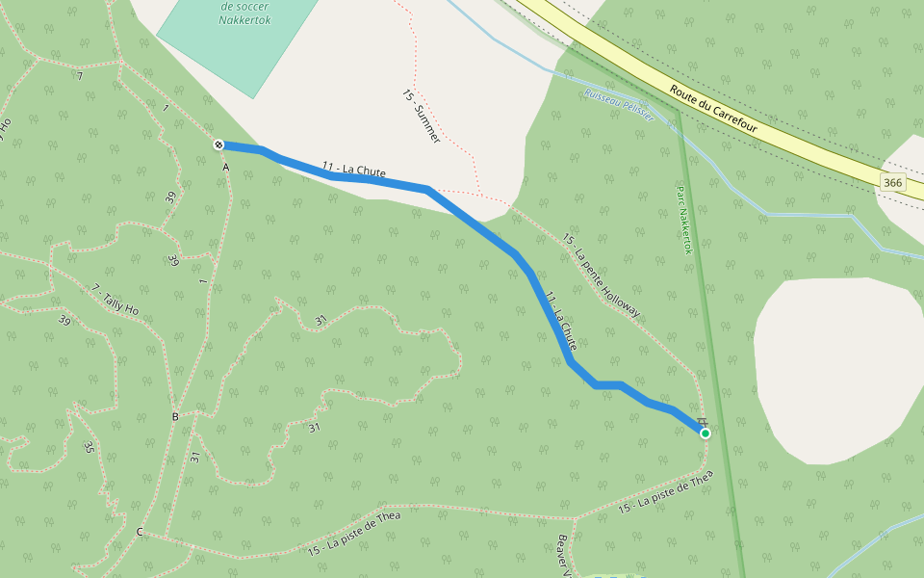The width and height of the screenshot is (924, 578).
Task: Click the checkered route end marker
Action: coord(219,144)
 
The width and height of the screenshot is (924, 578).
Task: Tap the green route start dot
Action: coord(706,433)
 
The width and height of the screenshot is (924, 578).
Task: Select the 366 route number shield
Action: coord(893,182)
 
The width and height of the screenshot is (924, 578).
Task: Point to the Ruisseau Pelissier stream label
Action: coord(619,105)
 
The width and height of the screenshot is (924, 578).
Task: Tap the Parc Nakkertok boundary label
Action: coord(684,220)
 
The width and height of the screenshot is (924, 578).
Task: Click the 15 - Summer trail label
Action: coord(421,118)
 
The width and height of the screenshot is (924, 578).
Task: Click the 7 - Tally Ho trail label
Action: coord(115,301)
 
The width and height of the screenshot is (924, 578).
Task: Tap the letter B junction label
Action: coord(175,417)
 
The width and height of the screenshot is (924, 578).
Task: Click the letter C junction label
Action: coord(140,532)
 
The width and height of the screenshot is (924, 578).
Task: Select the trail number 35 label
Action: coord(89,447)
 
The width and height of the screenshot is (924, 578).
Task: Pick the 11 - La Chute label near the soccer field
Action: coord(354,171)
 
